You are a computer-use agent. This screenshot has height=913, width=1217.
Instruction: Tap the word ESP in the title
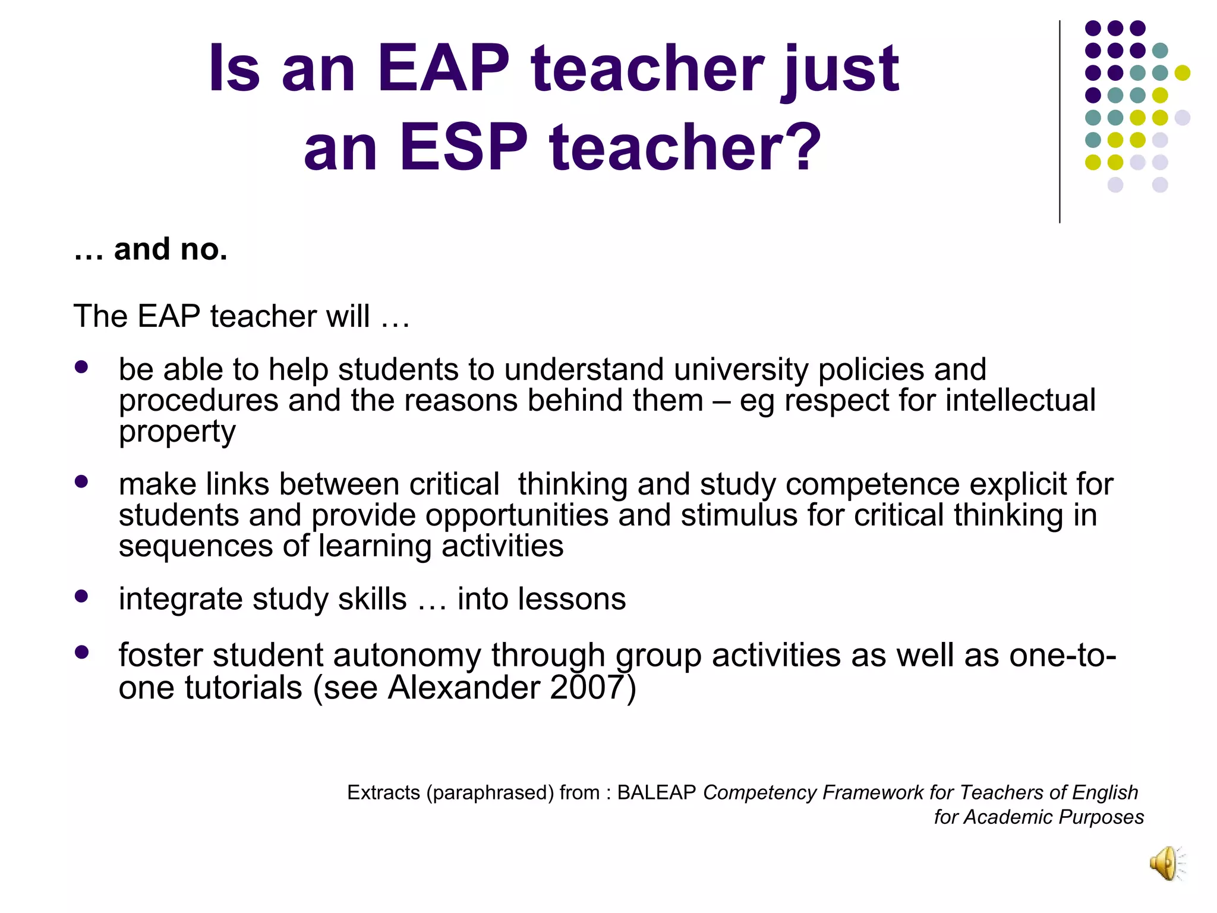pos(464,147)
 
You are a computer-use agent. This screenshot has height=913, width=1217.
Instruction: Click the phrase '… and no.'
pos(150,249)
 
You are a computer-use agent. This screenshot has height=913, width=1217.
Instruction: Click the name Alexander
pos(464,688)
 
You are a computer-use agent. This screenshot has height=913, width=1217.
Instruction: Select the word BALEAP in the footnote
pos(656,792)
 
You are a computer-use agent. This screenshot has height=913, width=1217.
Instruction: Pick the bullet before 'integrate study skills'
pos(81,596)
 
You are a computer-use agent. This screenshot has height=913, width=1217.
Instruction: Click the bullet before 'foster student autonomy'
pos(81,653)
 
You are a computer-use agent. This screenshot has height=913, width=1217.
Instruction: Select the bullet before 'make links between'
pos(81,481)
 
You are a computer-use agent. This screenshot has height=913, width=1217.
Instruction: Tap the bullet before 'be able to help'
pos(81,367)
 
